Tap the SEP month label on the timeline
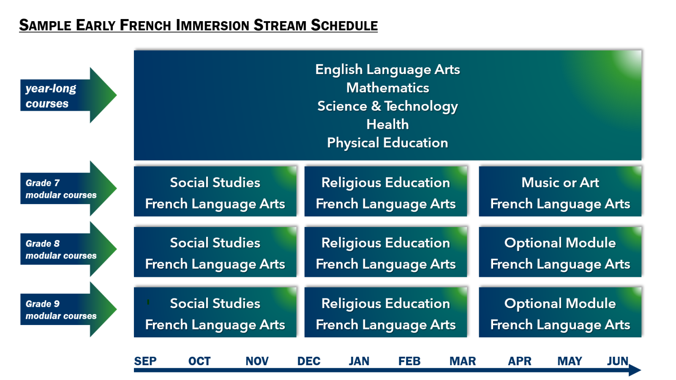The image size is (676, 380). click(x=145, y=361)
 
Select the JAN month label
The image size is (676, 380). click(x=359, y=361)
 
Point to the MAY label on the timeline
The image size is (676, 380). click(x=570, y=361)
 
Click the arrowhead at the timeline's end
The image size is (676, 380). click(x=635, y=370)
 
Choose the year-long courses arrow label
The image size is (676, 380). click(x=68, y=96)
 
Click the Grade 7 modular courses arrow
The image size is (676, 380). click(x=68, y=189)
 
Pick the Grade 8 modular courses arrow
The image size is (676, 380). click(x=68, y=249)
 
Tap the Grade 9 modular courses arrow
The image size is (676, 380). click(x=68, y=309)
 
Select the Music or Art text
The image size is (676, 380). click(x=560, y=183)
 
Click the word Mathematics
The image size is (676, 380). click(x=387, y=88)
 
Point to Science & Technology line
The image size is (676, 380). click(x=387, y=107)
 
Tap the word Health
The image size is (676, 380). click(x=387, y=124)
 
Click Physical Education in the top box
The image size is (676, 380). click(x=387, y=143)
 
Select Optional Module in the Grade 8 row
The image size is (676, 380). click(x=560, y=243)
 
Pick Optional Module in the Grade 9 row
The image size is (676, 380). click(x=560, y=303)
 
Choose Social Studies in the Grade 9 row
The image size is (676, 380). click(x=215, y=303)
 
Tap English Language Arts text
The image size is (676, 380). click(x=387, y=70)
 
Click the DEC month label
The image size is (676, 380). click(x=308, y=361)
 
